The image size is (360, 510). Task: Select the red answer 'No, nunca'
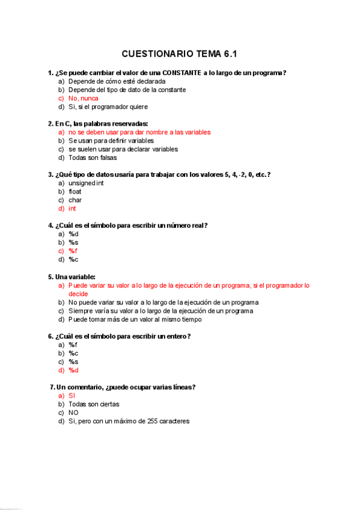84,98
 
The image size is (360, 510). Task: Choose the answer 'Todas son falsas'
93,158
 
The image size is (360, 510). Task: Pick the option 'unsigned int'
87,183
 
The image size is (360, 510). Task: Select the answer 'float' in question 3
75,191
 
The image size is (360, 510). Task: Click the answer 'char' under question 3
75,200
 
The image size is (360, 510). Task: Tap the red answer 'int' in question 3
72,208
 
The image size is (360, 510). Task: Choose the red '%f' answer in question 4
73,251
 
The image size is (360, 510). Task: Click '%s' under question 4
73,242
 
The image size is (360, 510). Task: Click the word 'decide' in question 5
78,293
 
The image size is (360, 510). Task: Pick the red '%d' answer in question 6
73,370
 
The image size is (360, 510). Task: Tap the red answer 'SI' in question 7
72,396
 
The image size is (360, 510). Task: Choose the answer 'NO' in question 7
73,413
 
